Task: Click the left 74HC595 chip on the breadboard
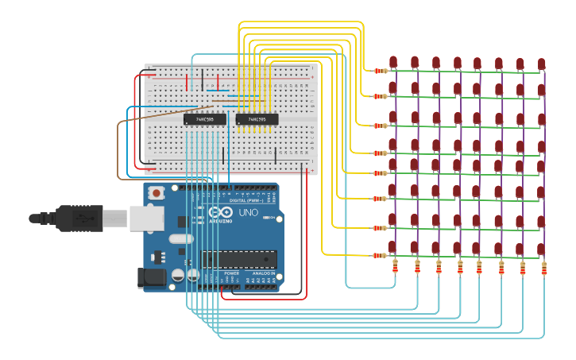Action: (204, 119)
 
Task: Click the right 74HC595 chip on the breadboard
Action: (257, 119)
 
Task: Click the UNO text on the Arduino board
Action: (249, 213)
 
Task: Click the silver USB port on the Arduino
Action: (143, 218)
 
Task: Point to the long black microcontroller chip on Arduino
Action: (239, 259)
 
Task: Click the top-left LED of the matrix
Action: (393, 62)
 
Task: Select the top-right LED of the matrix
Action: (541, 64)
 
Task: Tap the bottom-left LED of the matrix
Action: (393, 247)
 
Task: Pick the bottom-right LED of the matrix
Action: (541, 249)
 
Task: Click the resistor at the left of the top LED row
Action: (381, 71)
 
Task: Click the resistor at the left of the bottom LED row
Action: (381, 256)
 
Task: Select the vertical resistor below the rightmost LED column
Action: (544, 269)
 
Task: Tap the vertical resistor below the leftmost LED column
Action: (395, 267)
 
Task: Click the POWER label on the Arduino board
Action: (231, 273)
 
